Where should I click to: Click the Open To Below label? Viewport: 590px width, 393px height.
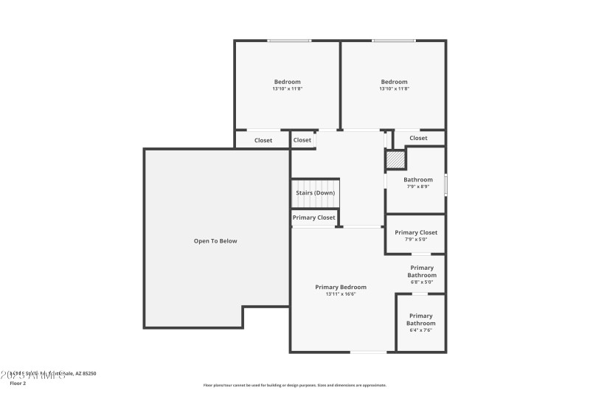tap(215, 241)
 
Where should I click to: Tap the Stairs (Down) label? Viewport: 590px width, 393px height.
tap(315, 193)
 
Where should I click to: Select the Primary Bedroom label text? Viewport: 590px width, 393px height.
tap(340, 287)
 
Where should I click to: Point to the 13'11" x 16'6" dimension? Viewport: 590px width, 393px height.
tap(340, 294)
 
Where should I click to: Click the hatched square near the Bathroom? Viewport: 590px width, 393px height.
tap(396, 159)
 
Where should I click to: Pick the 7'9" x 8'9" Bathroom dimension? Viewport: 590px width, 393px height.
tap(417, 187)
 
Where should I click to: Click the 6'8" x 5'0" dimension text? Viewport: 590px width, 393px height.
tap(422, 282)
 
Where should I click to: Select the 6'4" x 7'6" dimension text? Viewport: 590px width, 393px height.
tap(421, 330)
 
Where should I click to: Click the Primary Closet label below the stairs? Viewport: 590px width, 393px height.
tap(314, 218)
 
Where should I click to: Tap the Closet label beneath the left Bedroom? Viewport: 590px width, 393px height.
tap(263, 140)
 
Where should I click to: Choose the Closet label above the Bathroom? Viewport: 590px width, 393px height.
tap(418, 138)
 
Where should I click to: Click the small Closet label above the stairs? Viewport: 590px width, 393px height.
tap(302, 140)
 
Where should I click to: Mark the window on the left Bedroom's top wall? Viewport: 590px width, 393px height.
tap(288, 41)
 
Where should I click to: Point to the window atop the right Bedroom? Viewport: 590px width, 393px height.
tap(393, 41)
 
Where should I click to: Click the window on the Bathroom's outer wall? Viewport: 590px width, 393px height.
tap(445, 184)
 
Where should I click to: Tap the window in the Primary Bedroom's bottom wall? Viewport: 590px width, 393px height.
tap(367, 351)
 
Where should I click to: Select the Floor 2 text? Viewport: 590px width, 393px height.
tap(18, 383)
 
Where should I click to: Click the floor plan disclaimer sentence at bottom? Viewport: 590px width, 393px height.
tap(294, 385)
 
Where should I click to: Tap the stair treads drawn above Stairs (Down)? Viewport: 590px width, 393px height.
tap(315, 184)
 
